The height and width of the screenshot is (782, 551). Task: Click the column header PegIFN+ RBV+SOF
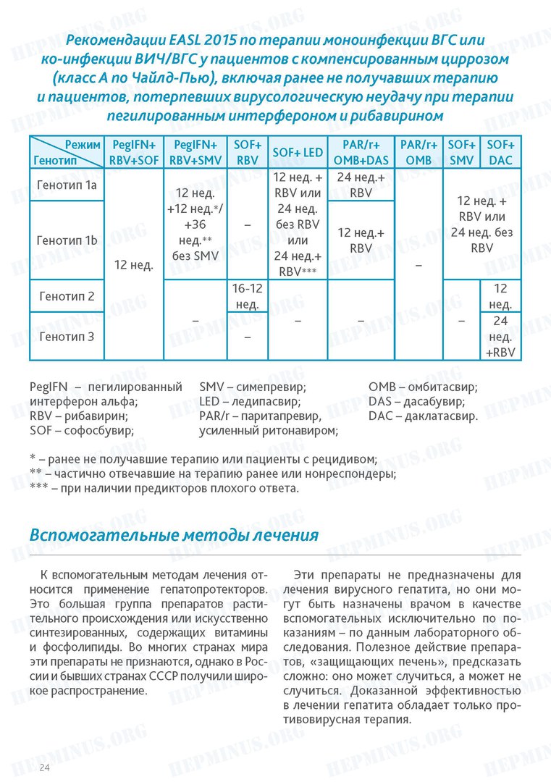(x=134, y=152)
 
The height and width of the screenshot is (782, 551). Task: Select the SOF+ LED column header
(x=298, y=152)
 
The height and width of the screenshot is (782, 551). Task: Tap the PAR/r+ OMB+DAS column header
(x=361, y=152)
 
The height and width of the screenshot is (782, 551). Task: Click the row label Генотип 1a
(x=67, y=185)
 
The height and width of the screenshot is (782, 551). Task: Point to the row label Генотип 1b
(x=67, y=240)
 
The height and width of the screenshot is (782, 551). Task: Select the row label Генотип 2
(x=67, y=296)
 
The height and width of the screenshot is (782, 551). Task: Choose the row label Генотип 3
(x=67, y=336)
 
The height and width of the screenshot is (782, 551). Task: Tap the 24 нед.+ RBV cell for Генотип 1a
(x=361, y=185)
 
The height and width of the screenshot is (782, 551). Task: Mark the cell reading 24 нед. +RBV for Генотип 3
(x=500, y=336)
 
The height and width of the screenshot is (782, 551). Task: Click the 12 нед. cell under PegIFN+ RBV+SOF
(x=134, y=265)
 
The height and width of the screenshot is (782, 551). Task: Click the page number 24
(x=45, y=767)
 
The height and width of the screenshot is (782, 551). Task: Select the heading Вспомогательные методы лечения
(x=174, y=535)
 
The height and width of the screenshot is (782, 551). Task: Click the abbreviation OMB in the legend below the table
(x=381, y=387)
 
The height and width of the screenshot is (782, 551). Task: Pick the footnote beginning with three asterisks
(x=164, y=489)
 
